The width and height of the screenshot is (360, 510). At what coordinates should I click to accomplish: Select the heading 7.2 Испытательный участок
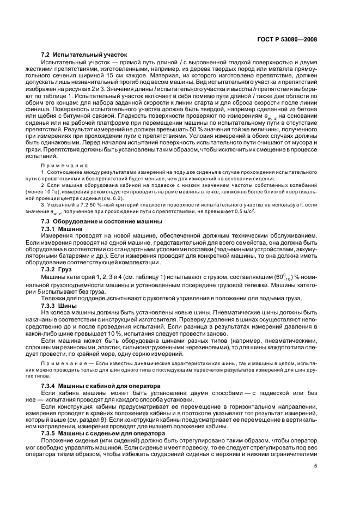(84, 55)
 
